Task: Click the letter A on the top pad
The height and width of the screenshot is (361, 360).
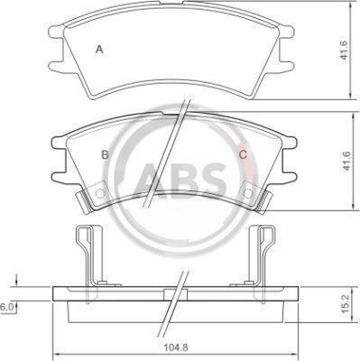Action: tap(99, 50)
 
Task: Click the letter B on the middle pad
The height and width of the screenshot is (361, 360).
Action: tap(105, 155)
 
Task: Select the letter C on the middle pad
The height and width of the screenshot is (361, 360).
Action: tap(243, 155)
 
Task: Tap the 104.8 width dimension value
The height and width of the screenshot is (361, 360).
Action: tap(176, 347)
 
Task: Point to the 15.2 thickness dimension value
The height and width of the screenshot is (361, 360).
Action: tap(346, 303)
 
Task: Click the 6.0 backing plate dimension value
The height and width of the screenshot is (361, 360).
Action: tap(5, 308)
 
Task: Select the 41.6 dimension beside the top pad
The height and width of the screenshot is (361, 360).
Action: tap(344, 50)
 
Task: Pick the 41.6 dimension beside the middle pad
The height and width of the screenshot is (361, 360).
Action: tap(346, 161)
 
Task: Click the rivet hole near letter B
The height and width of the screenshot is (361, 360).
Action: tap(100, 193)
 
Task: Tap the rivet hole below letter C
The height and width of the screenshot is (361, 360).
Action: tap(248, 193)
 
